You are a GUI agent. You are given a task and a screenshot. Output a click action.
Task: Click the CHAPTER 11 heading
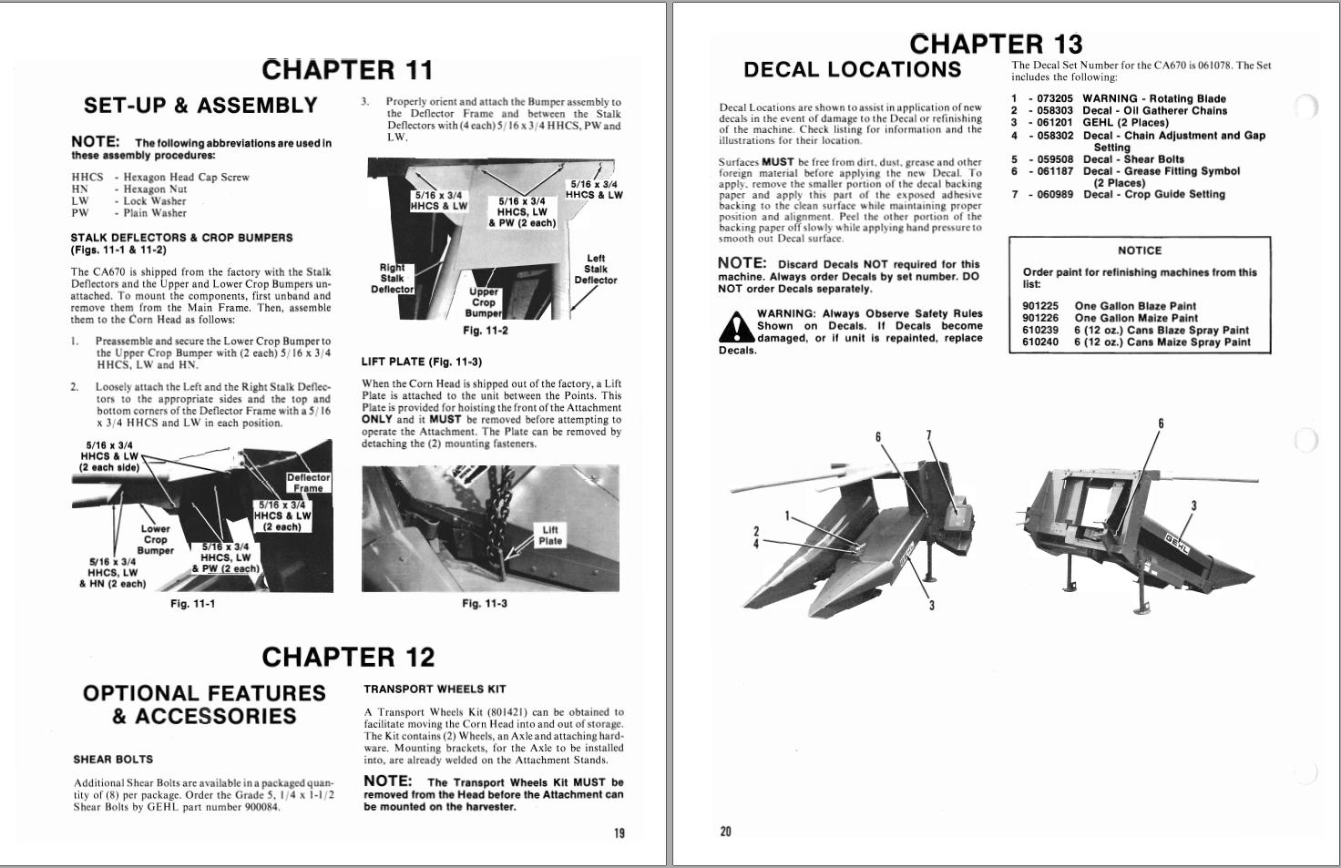click(x=347, y=70)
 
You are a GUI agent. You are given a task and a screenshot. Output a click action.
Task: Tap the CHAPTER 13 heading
click(x=996, y=44)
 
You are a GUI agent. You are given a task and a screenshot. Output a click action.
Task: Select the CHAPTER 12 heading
click(x=348, y=657)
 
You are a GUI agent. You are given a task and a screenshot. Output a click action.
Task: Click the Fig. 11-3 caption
click(x=485, y=604)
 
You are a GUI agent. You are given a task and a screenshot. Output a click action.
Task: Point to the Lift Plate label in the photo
click(x=550, y=536)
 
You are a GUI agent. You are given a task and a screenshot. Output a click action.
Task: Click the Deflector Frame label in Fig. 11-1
click(x=308, y=483)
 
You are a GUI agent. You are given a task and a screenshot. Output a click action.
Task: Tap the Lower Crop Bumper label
click(x=155, y=539)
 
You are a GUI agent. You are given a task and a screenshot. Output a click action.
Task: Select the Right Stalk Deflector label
click(x=392, y=278)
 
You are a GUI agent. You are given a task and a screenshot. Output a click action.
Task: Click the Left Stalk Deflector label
click(x=595, y=270)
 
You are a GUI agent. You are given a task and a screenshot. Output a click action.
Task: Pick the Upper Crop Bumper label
click(x=484, y=302)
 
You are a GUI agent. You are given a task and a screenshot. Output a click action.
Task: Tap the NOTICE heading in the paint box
click(x=1140, y=250)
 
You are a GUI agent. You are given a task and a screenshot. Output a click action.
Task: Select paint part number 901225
click(x=1040, y=307)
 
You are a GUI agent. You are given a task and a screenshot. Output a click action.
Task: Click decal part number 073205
click(x=1055, y=98)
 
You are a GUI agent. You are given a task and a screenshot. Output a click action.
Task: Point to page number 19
click(x=619, y=832)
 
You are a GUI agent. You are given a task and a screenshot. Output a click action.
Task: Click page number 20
click(x=725, y=831)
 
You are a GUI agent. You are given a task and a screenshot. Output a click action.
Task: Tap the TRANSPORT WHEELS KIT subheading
click(x=435, y=689)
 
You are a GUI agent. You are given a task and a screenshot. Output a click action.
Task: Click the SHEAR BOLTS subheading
click(x=113, y=759)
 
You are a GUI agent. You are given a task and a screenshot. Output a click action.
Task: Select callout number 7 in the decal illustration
click(x=928, y=435)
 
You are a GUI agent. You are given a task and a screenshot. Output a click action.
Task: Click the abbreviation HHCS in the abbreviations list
click(x=87, y=178)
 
